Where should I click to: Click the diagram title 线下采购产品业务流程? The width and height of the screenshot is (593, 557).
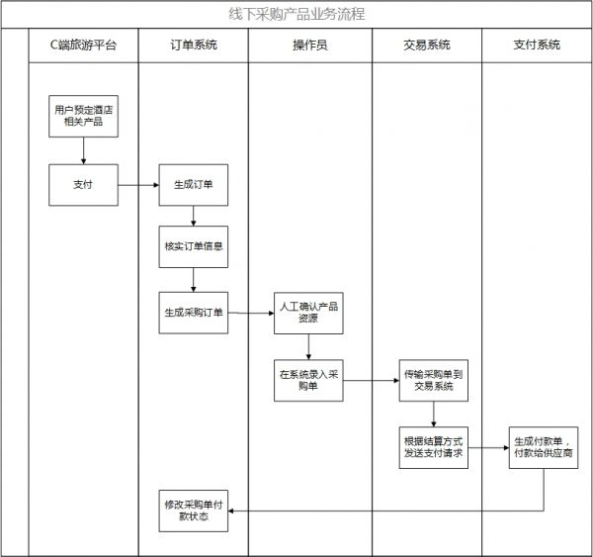tap(296, 15)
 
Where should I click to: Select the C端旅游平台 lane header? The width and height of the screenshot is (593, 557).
tap(84, 46)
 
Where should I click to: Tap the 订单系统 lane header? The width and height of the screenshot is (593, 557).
tap(193, 46)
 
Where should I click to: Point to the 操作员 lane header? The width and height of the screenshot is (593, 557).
tap(309, 46)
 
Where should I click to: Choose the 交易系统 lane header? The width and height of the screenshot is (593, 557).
tap(427, 46)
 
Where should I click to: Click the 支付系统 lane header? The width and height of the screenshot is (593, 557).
tap(537, 46)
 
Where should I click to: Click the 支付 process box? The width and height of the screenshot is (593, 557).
tap(84, 184)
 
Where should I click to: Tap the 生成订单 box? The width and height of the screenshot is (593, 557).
tap(194, 184)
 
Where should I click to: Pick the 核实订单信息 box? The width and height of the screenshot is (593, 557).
tap(194, 247)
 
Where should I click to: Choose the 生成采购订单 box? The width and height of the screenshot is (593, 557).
tap(194, 313)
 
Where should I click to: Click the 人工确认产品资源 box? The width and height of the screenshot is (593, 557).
tap(309, 313)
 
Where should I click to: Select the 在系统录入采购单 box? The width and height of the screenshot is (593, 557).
tap(309, 380)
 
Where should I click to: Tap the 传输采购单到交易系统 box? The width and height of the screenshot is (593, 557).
tap(433, 380)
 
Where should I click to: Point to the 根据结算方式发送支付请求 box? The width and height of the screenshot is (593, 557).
tap(433, 446)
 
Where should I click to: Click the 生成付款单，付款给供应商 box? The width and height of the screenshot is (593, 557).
tap(543, 446)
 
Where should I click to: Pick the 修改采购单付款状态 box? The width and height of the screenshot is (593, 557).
tap(194, 511)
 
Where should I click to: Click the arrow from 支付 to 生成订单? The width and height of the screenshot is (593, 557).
tap(138, 184)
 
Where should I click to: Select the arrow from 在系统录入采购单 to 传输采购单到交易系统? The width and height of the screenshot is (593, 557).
tap(372, 380)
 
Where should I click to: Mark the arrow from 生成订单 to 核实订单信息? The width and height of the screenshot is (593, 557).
tap(194, 217)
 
